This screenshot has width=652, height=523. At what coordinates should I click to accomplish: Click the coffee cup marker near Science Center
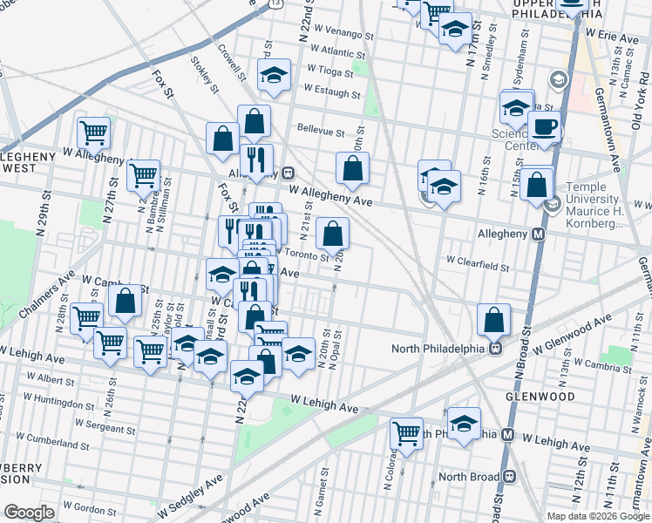[544, 126]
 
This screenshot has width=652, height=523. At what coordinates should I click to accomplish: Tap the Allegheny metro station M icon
[539, 234]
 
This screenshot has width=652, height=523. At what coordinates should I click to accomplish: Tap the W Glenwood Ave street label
[568, 336]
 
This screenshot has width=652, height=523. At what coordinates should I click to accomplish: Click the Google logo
[30, 513]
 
